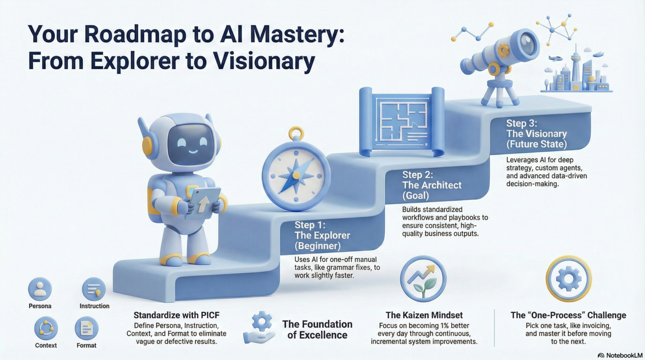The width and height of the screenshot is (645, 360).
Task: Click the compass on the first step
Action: [296, 172]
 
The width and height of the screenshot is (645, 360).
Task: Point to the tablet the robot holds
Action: [202, 203]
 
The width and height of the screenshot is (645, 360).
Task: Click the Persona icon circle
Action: [40, 289]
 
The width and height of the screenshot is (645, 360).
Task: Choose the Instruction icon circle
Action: [94, 289]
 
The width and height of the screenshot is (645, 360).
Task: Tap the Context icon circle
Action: [46, 328]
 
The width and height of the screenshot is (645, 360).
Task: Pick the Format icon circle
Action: [86, 328]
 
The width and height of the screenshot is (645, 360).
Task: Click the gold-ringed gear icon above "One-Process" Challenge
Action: [568, 279]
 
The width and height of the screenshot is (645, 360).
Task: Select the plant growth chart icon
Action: [423, 279]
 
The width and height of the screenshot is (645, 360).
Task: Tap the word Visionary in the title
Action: [260, 61]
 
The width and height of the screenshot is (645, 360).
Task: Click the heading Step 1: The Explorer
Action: [322, 235]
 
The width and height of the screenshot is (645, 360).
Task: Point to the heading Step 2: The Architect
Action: [431, 185]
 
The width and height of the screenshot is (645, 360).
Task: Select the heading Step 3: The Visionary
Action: [536, 133]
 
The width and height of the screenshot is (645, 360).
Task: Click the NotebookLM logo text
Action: [624, 355]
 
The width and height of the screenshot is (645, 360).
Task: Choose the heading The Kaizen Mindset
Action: [424, 315]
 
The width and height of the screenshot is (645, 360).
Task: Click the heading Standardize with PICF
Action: [176, 315]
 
